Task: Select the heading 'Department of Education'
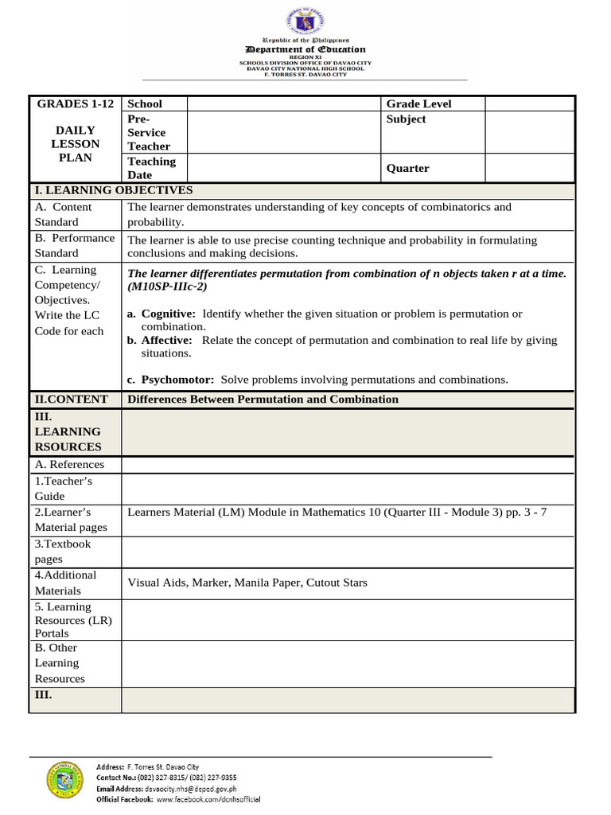coord(305,49)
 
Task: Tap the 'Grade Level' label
coord(418,103)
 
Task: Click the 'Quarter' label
coord(407,168)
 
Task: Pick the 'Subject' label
coord(406,119)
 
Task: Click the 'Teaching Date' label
coord(151,168)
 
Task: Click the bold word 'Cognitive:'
coord(168,314)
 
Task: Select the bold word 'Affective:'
coord(166,340)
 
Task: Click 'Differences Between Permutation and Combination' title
coord(263,399)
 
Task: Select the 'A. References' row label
coord(69,465)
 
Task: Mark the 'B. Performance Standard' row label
coord(75,245)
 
